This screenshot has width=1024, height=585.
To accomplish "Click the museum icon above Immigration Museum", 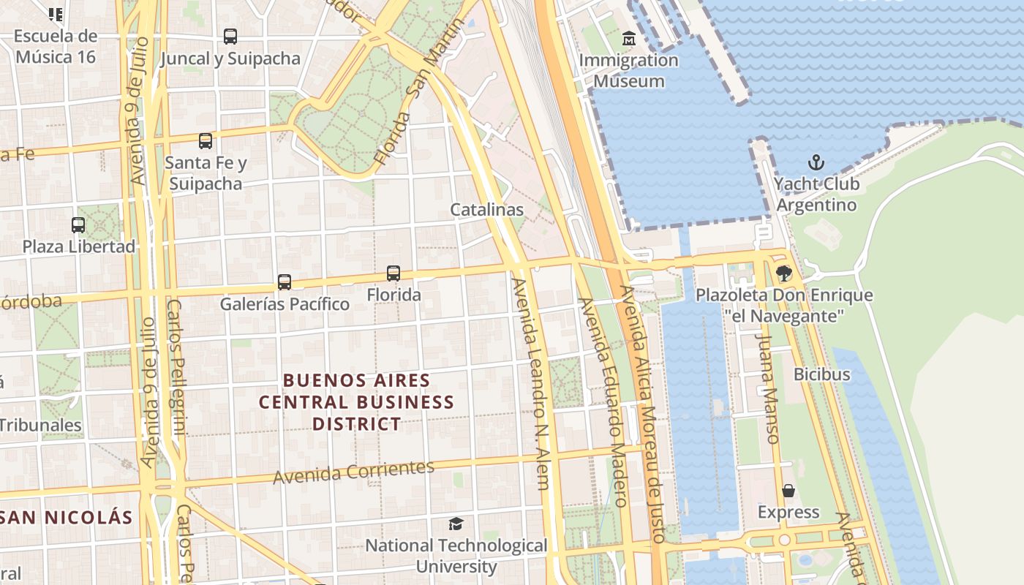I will click(628, 38).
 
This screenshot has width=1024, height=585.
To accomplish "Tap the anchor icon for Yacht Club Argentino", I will click(816, 162).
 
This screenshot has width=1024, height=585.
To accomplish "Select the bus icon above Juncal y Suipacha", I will click(230, 36).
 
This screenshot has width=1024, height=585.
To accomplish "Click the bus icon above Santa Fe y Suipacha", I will click(206, 140).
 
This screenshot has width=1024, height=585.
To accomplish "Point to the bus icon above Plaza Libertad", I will click(78, 224).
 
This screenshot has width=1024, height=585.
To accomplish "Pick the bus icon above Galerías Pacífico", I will click(285, 282).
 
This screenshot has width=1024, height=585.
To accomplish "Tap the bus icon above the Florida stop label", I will click(394, 273).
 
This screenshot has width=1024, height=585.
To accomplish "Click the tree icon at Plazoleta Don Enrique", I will click(784, 273).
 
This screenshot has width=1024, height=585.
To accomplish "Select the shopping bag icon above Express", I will click(788, 490).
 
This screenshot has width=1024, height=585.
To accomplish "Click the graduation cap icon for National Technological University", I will click(456, 524).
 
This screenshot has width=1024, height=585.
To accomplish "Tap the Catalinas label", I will click(486, 210).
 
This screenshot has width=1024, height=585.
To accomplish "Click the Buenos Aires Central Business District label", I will click(357, 402).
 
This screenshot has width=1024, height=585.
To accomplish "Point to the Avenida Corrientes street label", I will click(353, 472).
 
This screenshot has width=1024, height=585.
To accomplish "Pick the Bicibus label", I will click(822, 374).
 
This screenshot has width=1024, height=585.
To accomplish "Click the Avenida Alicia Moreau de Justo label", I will click(642, 413).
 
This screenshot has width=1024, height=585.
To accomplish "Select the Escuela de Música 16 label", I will click(56, 46).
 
